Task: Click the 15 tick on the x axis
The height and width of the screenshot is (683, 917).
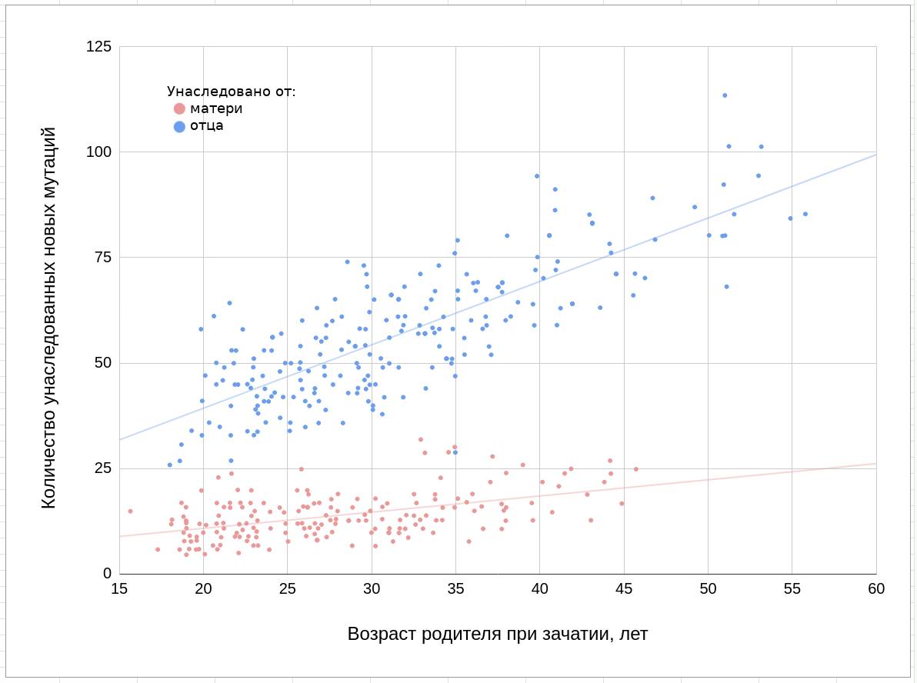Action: tap(119, 589)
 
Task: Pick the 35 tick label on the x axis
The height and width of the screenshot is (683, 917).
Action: tap(455, 589)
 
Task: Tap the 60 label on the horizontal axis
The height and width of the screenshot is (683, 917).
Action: tap(876, 589)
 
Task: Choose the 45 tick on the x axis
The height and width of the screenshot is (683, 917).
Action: tap(624, 589)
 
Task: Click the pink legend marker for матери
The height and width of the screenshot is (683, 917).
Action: tap(179, 109)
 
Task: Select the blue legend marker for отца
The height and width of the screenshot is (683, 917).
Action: tap(179, 126)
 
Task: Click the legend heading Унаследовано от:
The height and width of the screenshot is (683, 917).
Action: tap(231, 92)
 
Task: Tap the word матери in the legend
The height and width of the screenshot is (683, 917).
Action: tap(216, 109)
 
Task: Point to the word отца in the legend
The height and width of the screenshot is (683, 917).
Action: tap(207, 126)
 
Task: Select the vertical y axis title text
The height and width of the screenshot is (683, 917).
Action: tap(48, 318)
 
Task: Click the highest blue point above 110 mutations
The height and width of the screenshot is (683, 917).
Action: tap(725, 95)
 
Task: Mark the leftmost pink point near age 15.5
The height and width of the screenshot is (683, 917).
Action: tap(130, 511)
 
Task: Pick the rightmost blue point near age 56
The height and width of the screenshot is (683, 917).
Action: tap(805, 214)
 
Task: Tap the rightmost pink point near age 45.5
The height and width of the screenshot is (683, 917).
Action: tap(635, 469)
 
